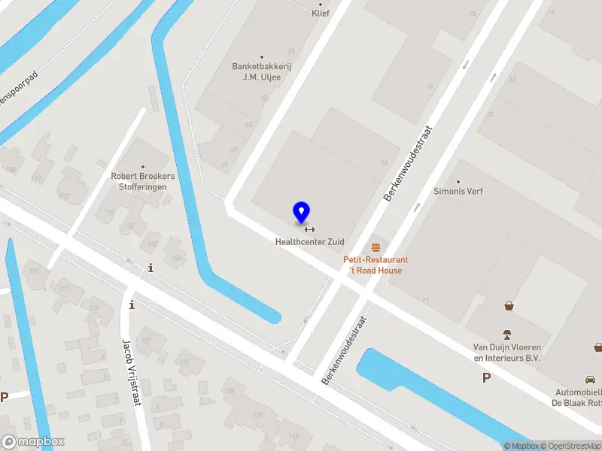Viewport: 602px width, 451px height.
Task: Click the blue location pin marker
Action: (x=301, y=212)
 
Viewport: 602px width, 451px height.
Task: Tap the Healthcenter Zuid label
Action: (x=309, y=242)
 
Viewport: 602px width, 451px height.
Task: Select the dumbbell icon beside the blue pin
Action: (x=309, y=229)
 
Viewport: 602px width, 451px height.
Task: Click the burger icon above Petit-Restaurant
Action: (x=375, y=247)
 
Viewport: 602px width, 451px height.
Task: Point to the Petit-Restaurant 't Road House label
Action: (x=375, y=265)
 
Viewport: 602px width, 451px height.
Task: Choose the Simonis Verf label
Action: (x=458, y=191)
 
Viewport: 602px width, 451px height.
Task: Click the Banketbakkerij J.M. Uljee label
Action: (x=261, y=71)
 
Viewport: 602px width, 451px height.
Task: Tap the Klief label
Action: (x=321, y=13)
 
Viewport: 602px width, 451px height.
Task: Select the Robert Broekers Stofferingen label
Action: (x=143, y=181)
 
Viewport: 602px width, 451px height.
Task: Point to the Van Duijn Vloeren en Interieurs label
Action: (x=506, y=353)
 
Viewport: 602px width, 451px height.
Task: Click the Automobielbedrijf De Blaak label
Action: (x=577, y=398)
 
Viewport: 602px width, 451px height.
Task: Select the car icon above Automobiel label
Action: (x=589, y=380)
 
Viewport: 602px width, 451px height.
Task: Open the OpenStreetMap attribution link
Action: (x=570, y=446)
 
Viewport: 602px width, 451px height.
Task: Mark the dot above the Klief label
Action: (x=321, y=3)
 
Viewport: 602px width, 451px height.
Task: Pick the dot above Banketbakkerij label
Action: (x=262, y=56)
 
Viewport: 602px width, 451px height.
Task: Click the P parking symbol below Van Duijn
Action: (x=487, y=378)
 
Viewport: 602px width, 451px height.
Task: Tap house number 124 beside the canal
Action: (x=177, y=259)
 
